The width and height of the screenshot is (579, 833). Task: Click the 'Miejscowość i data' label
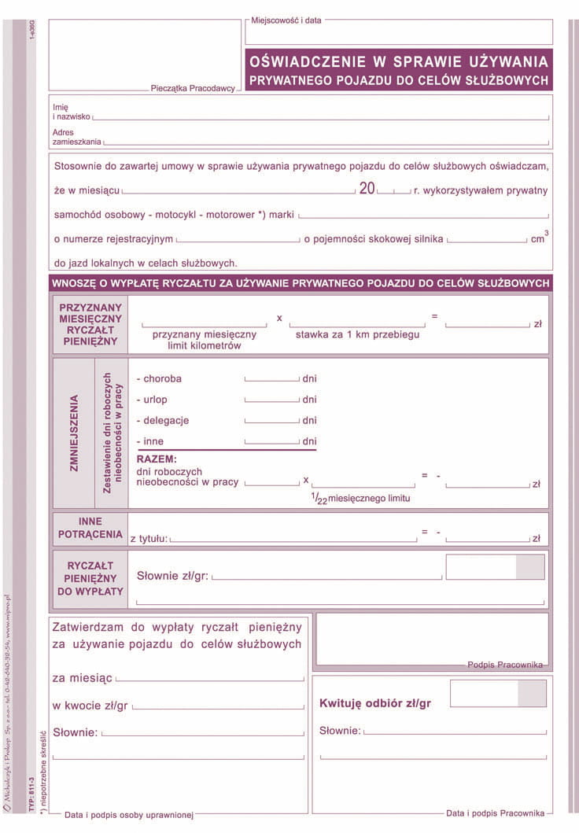coord(286,20)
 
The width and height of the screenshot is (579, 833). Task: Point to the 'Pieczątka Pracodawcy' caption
coord(193,89)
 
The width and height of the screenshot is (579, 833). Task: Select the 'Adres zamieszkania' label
coord(76,137)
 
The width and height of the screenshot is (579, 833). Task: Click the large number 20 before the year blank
coord(367,190)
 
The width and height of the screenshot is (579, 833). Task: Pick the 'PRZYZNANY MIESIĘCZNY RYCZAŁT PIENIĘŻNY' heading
coord(90,325)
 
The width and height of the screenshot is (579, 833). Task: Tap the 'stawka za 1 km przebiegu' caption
coord(357,334)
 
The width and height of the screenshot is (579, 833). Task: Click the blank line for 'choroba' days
coord(272,379)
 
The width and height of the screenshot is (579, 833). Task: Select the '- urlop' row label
coord(152,400)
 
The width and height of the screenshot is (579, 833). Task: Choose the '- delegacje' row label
coord(163,421)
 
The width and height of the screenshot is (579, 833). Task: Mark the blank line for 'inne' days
coord(272,443)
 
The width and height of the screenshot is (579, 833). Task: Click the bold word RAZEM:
coord(157,459)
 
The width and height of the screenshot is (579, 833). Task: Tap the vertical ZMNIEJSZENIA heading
coord(74,432)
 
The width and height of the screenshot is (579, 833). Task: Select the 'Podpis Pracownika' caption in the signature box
coord(504,665)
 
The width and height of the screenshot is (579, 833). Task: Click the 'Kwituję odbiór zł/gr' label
coord(375,703)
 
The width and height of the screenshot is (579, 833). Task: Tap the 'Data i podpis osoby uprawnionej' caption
coord(129,816)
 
